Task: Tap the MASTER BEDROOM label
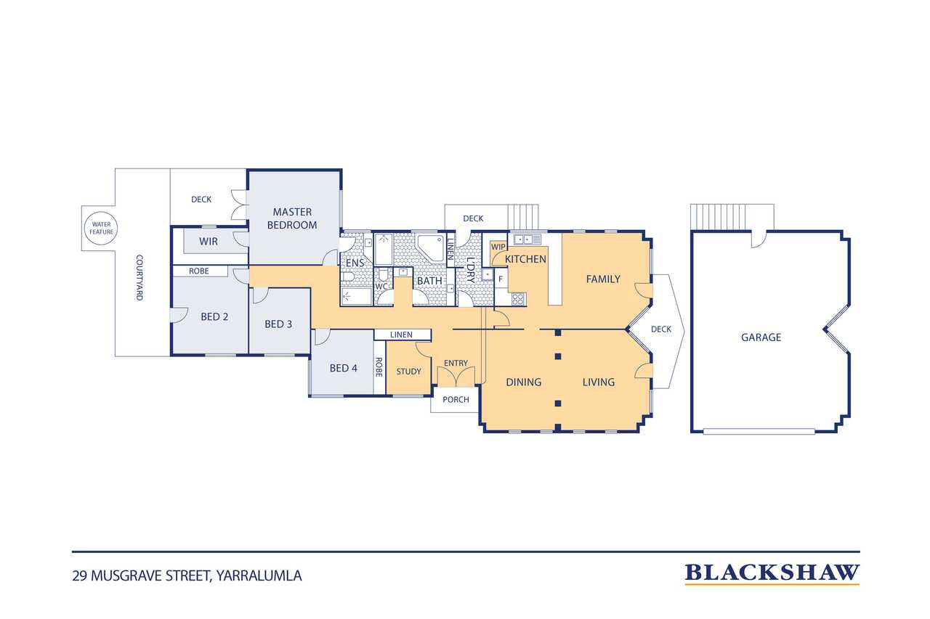tap(292, 218)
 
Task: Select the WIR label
tap(208, 242)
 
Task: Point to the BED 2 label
tap(214, 316)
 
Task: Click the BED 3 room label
tap(278, 324)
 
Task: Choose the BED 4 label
tap(343, 368)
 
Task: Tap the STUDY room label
tap(408, 372)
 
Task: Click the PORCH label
tap(456, 400)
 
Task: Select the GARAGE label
tap(761, 337)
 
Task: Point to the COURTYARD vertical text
tap(139, 277)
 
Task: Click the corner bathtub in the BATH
tap(431, 248)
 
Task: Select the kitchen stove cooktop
tap(518, 299)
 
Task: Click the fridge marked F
tap(501, 279)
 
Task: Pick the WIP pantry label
tap(498, 247)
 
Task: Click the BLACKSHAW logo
tap(772, 573)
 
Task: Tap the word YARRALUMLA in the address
tap(259, 576)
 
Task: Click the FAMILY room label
tap(603, 279)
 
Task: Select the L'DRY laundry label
tap(470, 270)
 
